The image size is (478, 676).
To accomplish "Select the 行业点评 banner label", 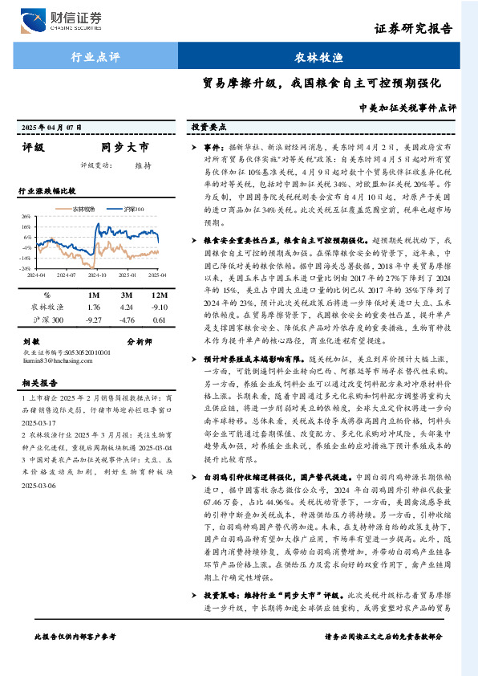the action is [95, 58].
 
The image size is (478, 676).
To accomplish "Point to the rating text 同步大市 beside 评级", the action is [124, 148].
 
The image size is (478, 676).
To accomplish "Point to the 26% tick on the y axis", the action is [27, 217].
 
